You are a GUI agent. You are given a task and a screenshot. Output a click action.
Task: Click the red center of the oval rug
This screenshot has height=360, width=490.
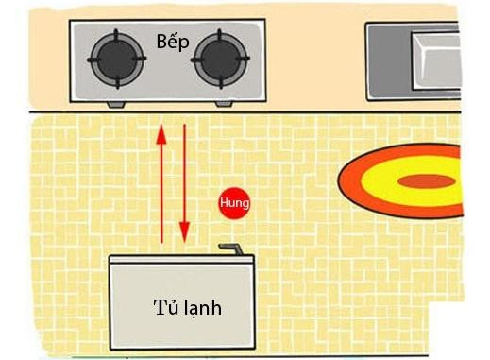(427, 180)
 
